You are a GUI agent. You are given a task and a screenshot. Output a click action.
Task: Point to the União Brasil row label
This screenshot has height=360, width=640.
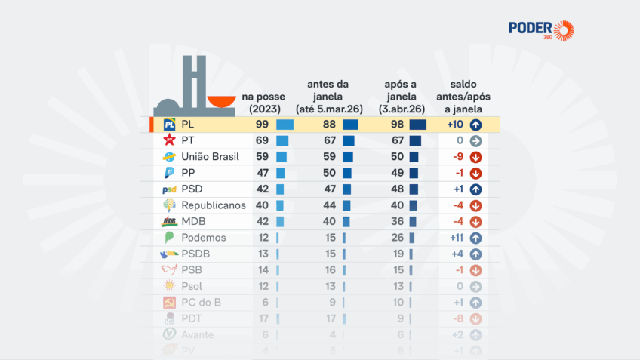(x=210, y=157)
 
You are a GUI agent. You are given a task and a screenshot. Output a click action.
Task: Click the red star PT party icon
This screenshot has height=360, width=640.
(x=170, y=141)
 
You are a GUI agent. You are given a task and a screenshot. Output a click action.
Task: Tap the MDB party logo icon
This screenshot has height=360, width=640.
(x=170, y=222)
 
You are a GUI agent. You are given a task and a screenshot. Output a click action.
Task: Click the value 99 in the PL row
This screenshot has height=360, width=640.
(x=263, y=125)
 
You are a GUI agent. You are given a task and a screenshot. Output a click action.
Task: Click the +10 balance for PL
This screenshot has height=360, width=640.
(x=454, y=125)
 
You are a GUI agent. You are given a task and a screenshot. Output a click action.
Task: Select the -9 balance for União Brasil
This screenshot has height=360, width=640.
(x=457, y=157)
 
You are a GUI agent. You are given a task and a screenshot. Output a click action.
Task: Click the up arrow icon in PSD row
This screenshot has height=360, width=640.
(x=475, y=189)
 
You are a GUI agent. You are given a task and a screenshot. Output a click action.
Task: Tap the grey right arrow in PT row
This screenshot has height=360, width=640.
(x=475, y=141)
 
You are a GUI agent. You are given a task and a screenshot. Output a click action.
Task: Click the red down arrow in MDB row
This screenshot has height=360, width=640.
(x=475, y=222)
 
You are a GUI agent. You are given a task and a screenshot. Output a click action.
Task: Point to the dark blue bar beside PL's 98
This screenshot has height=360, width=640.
(x=418, y=125)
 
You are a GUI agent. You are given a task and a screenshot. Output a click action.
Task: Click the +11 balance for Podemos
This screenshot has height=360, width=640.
(x=454, y=238)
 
